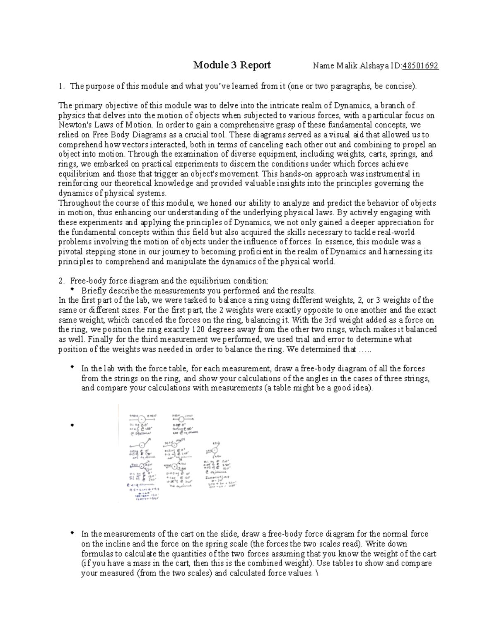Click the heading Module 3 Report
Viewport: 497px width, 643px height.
pyautogui.click(x=232, y=65)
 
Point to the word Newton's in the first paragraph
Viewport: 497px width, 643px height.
pyautogui.click(x=72, y=125)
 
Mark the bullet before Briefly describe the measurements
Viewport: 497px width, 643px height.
pyautogui.click(x=73, y=289)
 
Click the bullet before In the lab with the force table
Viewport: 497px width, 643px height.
pyautogui.click(x=73, y=367)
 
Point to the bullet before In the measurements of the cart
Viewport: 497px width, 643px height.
pyautogui.click(x=73, y=532)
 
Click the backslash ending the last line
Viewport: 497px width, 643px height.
pyautogui.click(x=316, y=573)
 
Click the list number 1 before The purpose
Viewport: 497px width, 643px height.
pyautogui.click(x=60, y=87)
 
